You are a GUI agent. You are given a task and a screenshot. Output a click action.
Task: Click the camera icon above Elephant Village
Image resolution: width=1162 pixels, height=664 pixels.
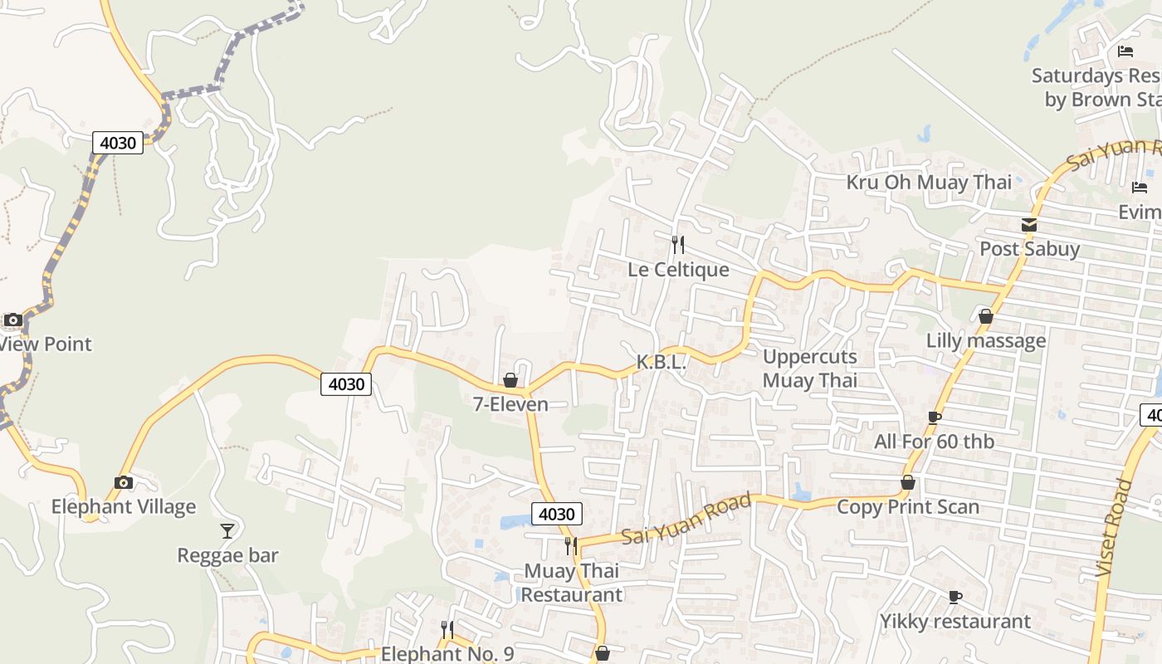pos(124,482)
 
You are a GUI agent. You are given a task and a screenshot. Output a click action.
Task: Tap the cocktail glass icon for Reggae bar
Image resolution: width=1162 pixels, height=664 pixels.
pos(227,530)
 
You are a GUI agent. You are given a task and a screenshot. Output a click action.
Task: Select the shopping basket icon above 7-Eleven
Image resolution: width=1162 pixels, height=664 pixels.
pos(510,380)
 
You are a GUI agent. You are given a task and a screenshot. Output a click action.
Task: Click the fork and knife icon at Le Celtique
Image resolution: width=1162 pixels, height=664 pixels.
pos(678,244)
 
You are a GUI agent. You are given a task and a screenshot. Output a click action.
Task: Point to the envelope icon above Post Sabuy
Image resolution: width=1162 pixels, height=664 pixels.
pos(1029,224)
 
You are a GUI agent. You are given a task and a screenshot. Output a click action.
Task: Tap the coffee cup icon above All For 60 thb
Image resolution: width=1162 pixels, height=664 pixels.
pos(935,417)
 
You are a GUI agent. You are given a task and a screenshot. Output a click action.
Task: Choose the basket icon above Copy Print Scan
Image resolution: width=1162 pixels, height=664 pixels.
pos(908,482)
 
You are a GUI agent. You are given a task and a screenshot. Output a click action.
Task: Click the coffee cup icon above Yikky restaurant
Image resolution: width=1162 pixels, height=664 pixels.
pos(955,597)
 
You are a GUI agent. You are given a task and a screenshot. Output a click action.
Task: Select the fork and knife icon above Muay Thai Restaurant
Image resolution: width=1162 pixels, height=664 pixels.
pos(571,545)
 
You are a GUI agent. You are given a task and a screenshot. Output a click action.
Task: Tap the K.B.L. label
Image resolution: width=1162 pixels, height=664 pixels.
pos(662,362)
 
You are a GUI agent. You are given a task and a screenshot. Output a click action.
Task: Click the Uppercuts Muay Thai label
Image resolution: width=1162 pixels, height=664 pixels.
pos(809,369)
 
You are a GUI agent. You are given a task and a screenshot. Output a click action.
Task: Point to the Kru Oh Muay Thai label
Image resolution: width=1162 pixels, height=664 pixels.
pos(929,182)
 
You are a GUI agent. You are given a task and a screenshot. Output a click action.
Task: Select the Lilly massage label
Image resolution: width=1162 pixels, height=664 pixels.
pos(986,340)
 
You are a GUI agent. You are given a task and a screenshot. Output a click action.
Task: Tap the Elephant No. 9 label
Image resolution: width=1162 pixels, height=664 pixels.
pos(447,653)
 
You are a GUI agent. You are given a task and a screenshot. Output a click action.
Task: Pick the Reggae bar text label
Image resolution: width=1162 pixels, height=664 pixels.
pos(227,555)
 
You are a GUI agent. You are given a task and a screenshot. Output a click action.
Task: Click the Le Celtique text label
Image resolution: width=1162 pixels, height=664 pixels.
pos(678,269)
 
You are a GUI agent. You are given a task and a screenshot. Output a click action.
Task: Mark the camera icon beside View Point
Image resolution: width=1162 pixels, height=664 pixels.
pos(12,320)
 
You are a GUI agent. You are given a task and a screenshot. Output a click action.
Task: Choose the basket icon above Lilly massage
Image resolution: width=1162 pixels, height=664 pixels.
pos(986,316)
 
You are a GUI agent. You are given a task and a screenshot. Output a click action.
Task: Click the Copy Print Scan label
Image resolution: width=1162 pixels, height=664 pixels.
pos(908,506)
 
